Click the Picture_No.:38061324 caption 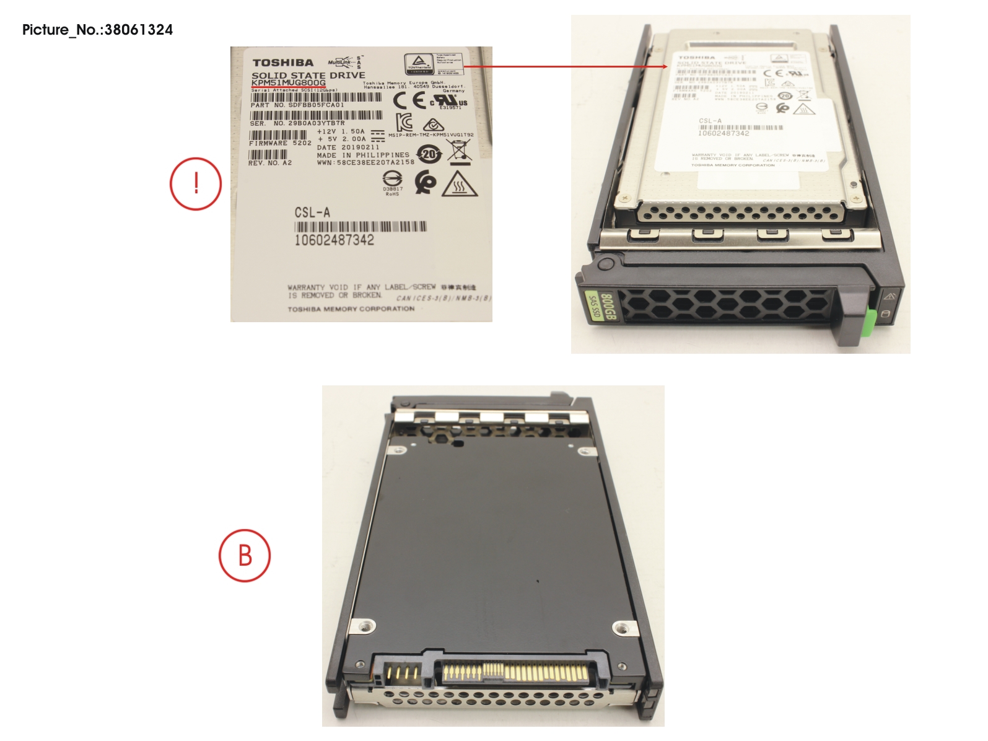pos(97,30)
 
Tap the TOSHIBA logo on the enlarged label pos(283,63)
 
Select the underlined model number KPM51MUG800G pos(289,83)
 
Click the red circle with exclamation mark pos(196,183)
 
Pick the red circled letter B pos(245,555)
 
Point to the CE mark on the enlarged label pos(409,101)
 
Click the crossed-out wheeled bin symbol pos(459,151)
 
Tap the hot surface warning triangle pos(459,184)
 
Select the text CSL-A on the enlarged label pos(312,213)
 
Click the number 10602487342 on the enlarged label pos(334,240)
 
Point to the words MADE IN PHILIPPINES pos(363,155)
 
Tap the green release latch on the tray pos(870,320)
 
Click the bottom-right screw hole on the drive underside pos(621,628)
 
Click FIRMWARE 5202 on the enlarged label pos(280,143)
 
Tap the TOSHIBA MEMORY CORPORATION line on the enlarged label pos(351,309)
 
